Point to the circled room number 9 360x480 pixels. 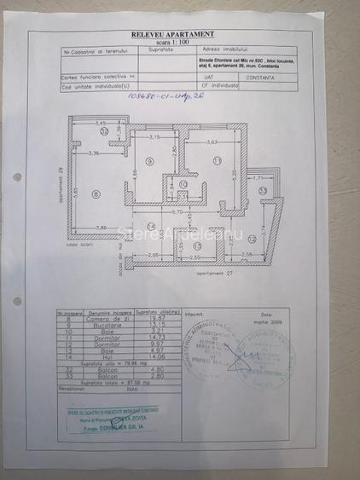(149, 161)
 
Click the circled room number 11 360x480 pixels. (218, 160)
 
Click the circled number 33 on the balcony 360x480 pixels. (264, 190)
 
